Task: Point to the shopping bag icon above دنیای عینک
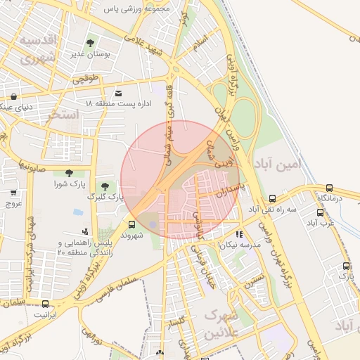(11, 98)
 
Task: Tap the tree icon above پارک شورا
(68, 173)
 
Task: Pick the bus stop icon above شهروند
(131, 225)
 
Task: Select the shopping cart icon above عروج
(13, 192)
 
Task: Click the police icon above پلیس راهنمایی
(85, 231)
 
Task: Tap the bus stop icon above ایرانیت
(46, 304)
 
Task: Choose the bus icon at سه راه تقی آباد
(272, 198)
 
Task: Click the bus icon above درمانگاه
(329, 188)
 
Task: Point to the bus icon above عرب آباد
(326, 212)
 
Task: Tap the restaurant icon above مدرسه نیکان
(239, 234)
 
